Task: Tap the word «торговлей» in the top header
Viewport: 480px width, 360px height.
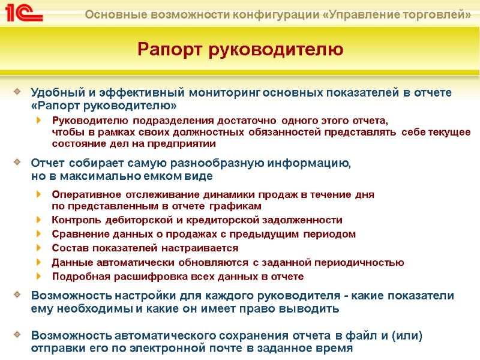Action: pos(436,13)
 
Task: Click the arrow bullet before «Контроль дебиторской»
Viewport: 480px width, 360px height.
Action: pos(39,220)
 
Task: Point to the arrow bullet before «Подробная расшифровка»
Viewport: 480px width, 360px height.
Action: pos(39,277)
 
